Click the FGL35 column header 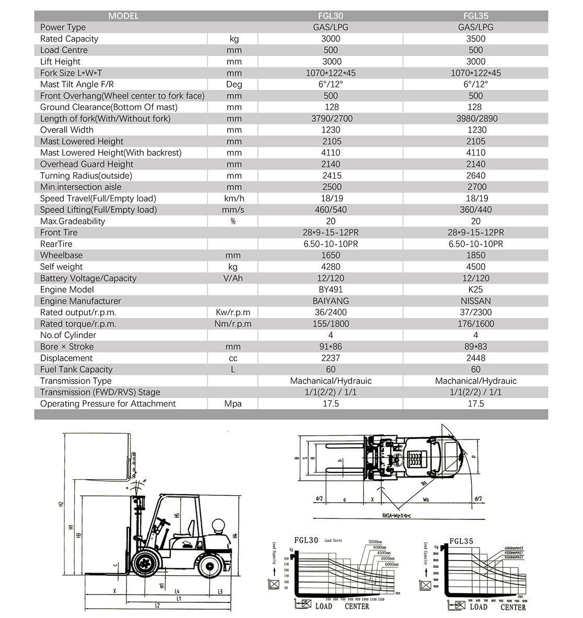[x=475, y=16]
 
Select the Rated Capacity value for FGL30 [x=331, y=39]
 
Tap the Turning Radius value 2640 [x=475, y=175]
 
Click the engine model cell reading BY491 [x=331, y=289]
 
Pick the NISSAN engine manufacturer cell [x=475, y=301]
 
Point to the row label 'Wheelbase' [x=61, y=255]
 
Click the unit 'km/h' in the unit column [x=234, y=198]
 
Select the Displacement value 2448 [x=475, y=358]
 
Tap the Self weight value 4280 [x=331, y=267]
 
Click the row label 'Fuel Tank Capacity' [x=76, y=370]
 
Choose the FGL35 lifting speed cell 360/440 [x=475, y=210]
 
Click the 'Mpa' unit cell [x=234, y=403]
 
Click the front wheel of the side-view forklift [x=144, y=565]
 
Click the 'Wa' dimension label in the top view [x=426, y=499]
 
